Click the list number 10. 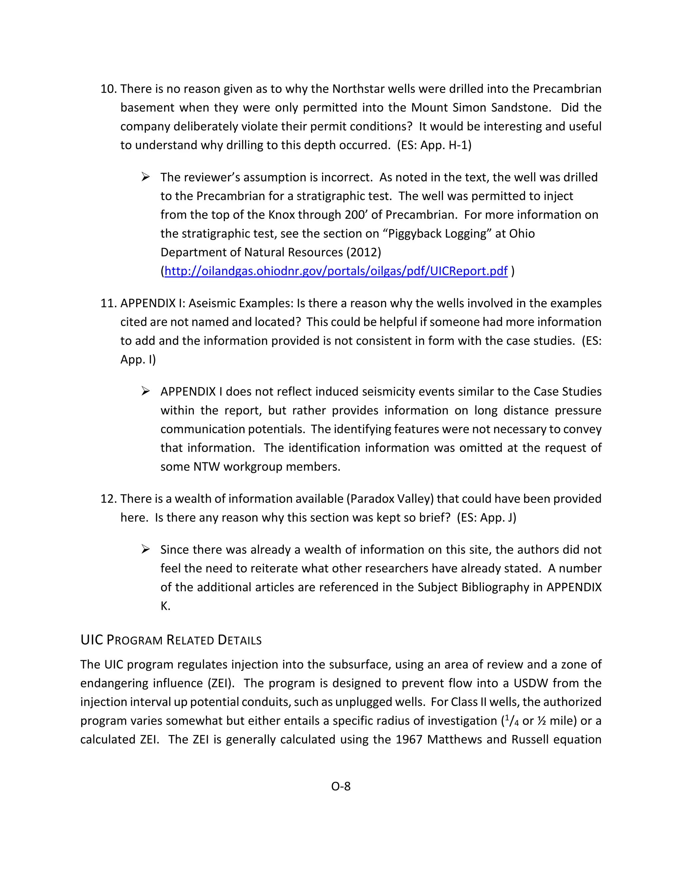[x=108, y=89]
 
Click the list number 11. [x=108, y=303]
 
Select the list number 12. [x=108, y=499]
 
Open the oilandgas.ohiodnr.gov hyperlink [x=336, y=271]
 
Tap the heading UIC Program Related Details [x=171, y=640]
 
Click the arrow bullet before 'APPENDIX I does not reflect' [x=146, y=392]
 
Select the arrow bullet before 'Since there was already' [x=146, y=550]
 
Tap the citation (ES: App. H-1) [x=434, y=145]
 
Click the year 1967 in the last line [x=409, y=740]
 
